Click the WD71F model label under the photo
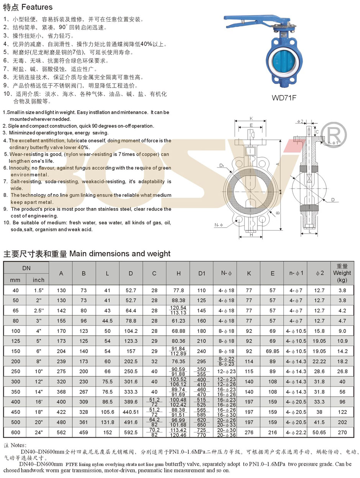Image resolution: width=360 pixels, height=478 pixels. (284, 97)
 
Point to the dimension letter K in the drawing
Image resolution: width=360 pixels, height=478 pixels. (251, 118)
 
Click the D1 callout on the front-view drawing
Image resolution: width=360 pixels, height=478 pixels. (222, 165)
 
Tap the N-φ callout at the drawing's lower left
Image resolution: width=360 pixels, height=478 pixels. (219, 225)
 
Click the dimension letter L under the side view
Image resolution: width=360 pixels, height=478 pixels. (308, 232)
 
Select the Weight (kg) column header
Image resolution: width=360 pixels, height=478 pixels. (342, 273)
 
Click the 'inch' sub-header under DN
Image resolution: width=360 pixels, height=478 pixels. (38, 280)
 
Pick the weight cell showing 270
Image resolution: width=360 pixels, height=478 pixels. (342, 431)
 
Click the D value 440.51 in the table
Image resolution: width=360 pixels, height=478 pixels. (131, 411)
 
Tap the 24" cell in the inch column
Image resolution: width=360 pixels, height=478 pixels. (38, 431)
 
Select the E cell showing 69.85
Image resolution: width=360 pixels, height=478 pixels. (272, 351)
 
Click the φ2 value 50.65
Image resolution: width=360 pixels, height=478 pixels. (319, 431)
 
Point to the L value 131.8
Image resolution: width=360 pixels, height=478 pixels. (108, 421)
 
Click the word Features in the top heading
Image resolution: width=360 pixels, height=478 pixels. (37, 7)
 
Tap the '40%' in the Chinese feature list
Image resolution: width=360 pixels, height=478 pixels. (146, 44)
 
